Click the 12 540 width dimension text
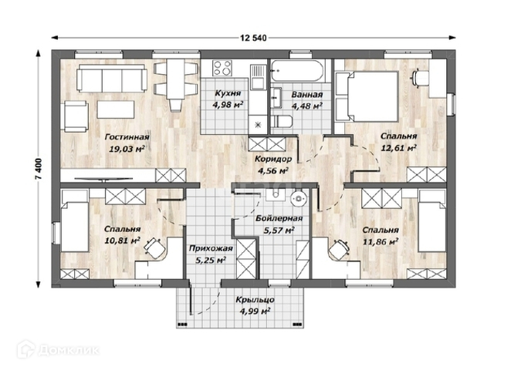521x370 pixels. pos(253,39)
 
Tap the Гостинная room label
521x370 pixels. pos(127,137)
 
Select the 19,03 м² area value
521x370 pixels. pos(127,149)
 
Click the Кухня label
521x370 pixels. pos(228,93)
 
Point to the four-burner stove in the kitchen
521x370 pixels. pos(222,68)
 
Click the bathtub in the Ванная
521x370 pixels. pos(296,70)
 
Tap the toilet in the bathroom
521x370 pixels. pos(281,122)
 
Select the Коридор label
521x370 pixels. pos(273,159)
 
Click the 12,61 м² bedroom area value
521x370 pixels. pos(399,148)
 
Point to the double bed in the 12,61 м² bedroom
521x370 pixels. pos(367,96)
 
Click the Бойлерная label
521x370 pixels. pos(279,218)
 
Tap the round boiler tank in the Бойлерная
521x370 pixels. pos(299,199)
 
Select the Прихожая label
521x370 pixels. pos(211,248)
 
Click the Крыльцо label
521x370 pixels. pos(255,300)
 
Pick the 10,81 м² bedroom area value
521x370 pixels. pos(122,240)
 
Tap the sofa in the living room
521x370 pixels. pos(112,78)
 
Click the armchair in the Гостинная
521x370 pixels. pos(75,117)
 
